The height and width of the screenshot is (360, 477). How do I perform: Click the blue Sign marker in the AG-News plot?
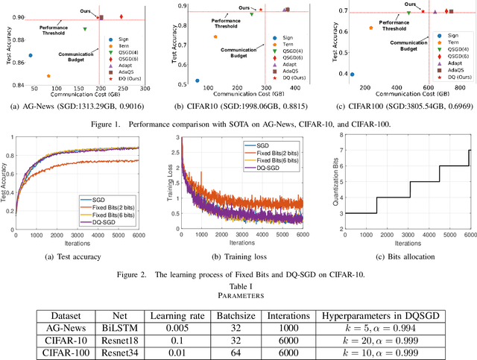31,55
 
